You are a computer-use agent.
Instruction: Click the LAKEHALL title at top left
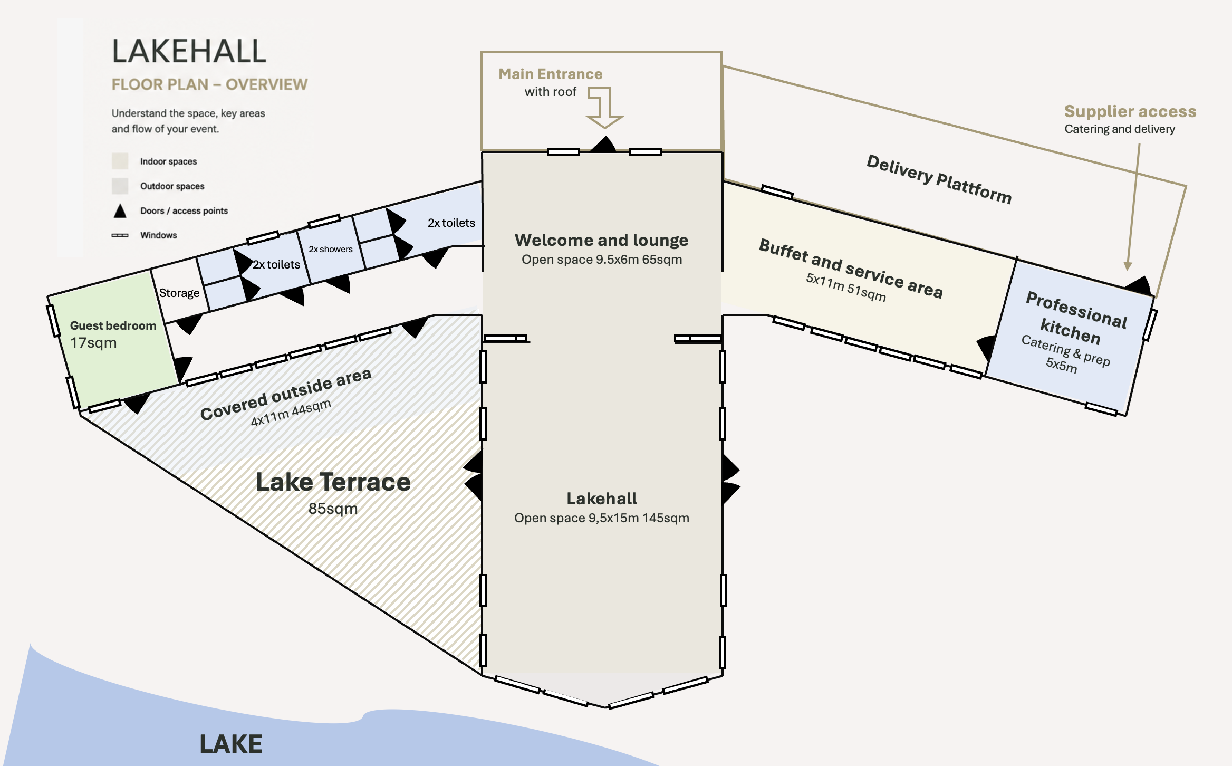[x=189, y=51]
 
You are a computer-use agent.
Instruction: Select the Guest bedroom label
[x=113, y=325]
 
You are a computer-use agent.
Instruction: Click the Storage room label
[x=179, y=293]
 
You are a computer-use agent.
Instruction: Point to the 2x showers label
[x=331, y=249]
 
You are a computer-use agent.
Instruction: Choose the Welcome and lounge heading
[x=601, y=240]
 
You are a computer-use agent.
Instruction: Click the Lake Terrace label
[x=333, y=482]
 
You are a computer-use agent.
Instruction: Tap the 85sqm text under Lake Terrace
[x=333, y=509]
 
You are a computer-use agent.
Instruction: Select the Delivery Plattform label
[x=939, y=179]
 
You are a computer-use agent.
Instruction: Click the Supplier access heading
[x=1130, y=111]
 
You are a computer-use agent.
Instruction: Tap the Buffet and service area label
[x=851, y=269]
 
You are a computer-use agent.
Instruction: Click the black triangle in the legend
[x=120, y=211]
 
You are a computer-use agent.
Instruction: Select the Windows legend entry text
[x=158, y=235]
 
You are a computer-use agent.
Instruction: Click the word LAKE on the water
[x=231, y=744]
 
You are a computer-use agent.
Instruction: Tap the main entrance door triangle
[x=603, y=145]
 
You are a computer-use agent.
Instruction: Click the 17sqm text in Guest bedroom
[x=93, y=343]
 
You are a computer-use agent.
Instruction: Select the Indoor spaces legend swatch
[x=120, y=161]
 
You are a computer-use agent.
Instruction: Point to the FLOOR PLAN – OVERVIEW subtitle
[x=209, y=84]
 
